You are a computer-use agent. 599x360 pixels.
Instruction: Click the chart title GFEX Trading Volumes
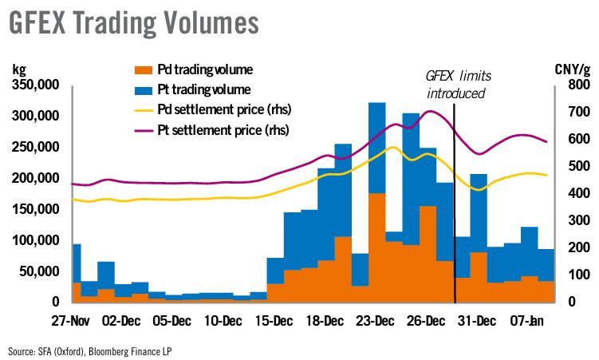tap(134, 22)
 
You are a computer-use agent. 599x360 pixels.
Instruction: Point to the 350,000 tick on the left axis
tap(36, 85)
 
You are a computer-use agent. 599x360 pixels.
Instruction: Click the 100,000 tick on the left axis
tap(36, 240)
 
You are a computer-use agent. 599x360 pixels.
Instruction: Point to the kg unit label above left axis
tap(19, 67)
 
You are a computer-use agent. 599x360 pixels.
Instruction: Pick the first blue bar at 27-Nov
tap(77, 263)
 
